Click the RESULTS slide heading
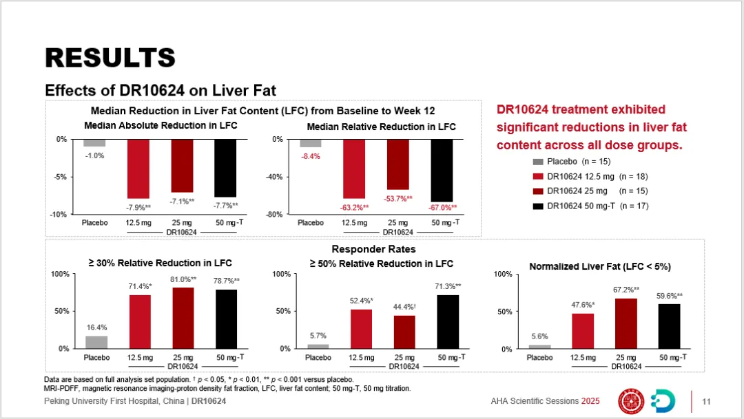pos(110,58)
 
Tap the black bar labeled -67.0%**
pos(442,170)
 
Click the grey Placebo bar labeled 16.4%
pos(96,342)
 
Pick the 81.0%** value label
pos(183,279)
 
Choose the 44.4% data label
pos(404,307)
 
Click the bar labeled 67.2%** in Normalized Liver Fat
pos(626,323)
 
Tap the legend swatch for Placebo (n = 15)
pos(538,162)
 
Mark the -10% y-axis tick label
pos(59,215)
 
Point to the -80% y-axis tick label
pos(275,215)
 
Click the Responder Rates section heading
pos(373,249)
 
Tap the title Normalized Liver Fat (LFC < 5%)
pos(599,266)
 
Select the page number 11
pos(705,402)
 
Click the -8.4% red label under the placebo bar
pos(311,156)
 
